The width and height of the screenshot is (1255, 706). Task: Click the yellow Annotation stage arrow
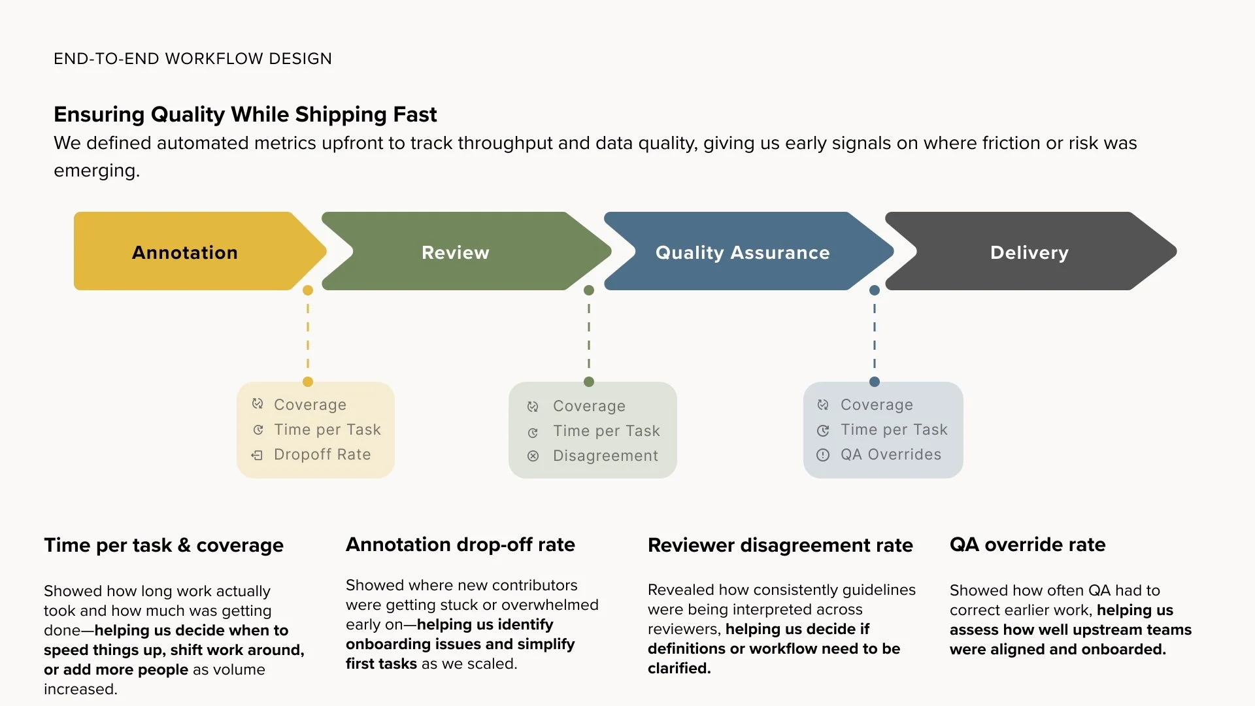[186, 252]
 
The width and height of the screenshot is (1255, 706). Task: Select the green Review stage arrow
[456, 252]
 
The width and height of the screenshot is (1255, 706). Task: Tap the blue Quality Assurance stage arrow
[743, 252]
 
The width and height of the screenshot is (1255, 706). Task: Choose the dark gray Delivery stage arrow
[1029, 252]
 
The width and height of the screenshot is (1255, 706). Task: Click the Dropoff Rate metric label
[322, 454]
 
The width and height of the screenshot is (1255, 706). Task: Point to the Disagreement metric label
[605, 456]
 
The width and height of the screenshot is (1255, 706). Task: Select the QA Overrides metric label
[891, 454]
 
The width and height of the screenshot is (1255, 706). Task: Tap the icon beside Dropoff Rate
[258, 455]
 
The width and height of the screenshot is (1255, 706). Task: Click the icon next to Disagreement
[533, 456]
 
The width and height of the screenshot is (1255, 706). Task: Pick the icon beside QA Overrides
[823, 455]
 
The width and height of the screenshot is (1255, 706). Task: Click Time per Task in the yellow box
[327, 429]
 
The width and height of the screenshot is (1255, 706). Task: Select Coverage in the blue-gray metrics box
[877, 405]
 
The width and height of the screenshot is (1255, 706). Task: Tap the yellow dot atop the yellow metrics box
[308, 382]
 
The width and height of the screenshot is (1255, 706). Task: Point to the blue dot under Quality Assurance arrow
[875, 290]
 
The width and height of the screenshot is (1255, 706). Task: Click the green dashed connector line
[589, 336]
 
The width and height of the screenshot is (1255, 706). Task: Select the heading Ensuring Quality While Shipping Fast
[245, 114]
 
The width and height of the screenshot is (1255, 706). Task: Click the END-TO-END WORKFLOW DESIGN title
[193, 59]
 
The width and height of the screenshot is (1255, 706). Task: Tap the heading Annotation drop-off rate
[460, 545]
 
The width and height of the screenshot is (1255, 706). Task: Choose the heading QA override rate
[1028, 545]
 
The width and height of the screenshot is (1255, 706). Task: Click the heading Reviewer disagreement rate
[780, 545]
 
